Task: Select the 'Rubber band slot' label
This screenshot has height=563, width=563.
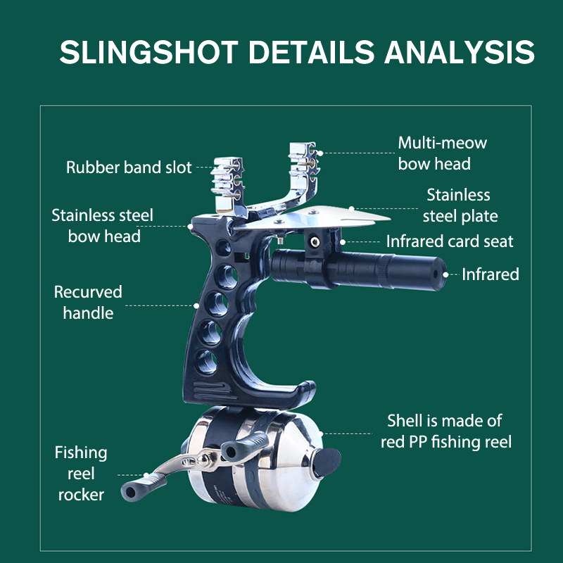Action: (129, 167)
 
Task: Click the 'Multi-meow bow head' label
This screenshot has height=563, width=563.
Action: (442, 153)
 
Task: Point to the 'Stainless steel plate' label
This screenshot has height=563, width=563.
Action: (460, 205)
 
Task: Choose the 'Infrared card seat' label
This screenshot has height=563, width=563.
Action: (450, 241)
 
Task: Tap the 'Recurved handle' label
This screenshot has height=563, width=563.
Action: (88, 302)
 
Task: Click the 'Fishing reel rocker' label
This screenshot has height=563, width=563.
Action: (81, 473)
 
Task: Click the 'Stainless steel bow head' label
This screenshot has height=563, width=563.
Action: (103, 225)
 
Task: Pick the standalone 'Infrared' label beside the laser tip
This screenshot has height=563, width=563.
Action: (490, 274)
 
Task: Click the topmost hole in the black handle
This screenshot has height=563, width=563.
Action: (222, 246)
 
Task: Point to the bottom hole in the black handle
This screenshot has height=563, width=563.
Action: (207, 361)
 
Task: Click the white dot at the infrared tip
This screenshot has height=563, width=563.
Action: (445, 274)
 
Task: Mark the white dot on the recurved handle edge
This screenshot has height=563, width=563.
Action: (197, 305)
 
